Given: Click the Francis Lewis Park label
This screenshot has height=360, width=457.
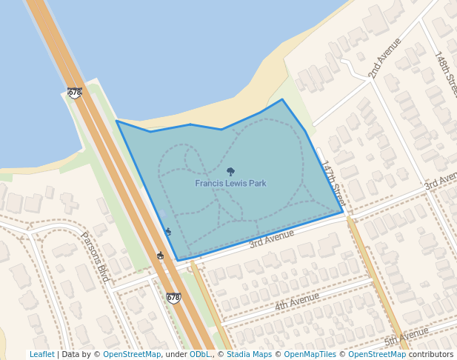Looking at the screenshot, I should tap(230, 183).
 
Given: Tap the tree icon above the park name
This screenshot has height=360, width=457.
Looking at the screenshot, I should tap(230, 171).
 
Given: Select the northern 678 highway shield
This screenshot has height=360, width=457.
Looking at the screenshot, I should tap(74, 93).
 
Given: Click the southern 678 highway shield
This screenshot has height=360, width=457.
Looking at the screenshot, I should tap(173, 298).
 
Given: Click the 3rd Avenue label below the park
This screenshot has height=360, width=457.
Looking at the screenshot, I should tap(272, 238).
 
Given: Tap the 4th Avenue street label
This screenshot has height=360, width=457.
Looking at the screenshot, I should tap(296, 301).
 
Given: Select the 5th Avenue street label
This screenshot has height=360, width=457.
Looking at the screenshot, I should tap(406, 336).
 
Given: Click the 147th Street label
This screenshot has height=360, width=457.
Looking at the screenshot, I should tap(333, 184).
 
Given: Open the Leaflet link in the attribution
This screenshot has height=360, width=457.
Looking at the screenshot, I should tap(41, 355).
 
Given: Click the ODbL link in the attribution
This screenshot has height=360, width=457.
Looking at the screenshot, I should tap(199, 355).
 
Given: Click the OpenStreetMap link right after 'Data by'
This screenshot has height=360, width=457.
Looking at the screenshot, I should tap(132, 355).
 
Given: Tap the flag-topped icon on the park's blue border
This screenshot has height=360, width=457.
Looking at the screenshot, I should tap(167, 232).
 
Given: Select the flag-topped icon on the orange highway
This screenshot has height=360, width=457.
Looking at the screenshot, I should tap(160, 256).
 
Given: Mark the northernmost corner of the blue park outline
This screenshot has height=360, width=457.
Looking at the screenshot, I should tap(282, 99).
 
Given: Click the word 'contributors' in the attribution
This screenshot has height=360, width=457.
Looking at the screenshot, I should tap(430, 355).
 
